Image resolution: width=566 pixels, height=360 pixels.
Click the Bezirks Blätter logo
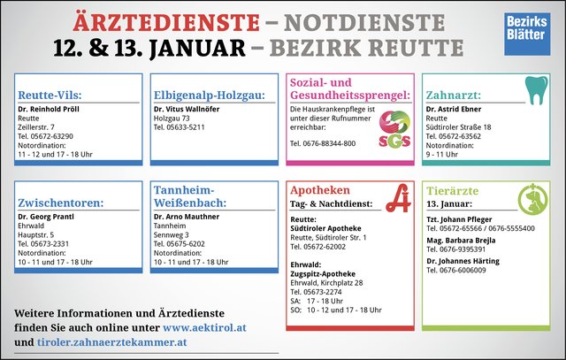[527, 34]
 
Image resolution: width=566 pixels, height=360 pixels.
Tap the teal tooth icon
[537, 90]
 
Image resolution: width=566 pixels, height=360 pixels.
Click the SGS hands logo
[395, 129]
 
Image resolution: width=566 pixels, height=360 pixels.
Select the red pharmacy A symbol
[399, 198]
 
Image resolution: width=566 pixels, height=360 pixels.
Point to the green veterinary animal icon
[532, 199]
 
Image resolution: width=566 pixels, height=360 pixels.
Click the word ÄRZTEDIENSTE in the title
[166, 23]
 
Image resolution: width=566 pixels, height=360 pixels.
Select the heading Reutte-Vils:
[50, 95]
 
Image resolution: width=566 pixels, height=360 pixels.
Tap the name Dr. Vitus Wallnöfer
[187, 109]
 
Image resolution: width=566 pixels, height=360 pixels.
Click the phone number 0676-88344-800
[329, 143]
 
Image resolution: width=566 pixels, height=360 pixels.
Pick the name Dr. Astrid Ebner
[454, 109]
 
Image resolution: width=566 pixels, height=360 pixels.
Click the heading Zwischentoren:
[61, 203]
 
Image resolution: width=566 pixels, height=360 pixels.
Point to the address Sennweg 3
[171, 235]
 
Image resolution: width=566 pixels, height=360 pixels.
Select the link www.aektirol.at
[204, 327]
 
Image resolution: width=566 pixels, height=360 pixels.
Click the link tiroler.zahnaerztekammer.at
[112, 342]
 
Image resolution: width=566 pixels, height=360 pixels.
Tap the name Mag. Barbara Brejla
[461, 241]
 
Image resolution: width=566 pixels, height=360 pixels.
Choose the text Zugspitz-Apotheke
[323, 273]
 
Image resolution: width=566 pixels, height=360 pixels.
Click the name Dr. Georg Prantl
[46, 217]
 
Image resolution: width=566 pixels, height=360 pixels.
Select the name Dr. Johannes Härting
[463, 261]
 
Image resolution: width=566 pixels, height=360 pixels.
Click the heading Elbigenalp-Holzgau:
[210, 95]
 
